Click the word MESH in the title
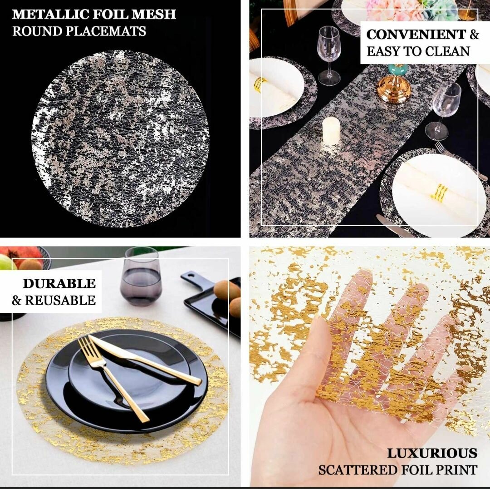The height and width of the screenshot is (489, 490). (x=154, y=15)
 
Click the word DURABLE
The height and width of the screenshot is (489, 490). (x=59, y=283)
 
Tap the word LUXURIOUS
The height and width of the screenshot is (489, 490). (x=432, y=453)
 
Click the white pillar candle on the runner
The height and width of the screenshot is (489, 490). (x=331, y=131)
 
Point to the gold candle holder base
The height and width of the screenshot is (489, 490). (x=393, y=89)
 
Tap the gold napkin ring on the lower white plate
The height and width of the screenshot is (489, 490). (x=439, y=193)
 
